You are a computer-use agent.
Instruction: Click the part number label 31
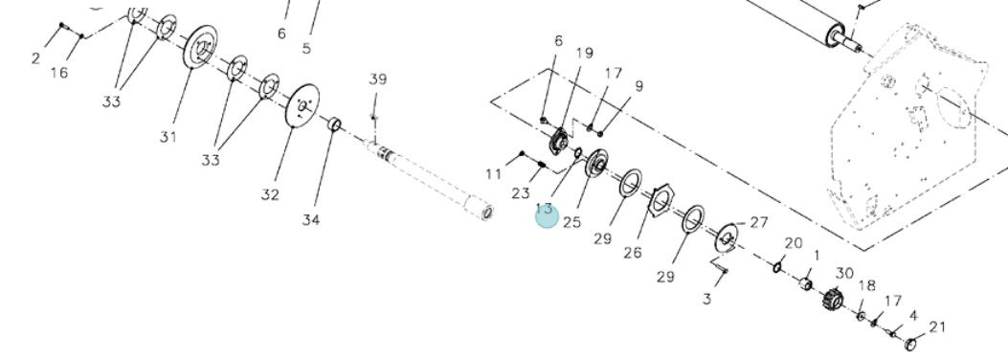[x=168, y=137]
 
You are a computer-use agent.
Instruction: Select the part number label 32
[x=270, y=194]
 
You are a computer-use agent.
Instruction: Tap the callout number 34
[x=311, y=220]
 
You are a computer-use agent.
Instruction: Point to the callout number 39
[x=378, y=79]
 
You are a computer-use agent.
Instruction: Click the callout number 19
[x=584, y=53]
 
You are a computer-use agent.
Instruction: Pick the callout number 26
[x=633, y=253]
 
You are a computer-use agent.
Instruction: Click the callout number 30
[x=844, y=273]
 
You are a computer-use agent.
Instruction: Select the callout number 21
[x=938, y=327]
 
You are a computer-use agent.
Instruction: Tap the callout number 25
[x=572, y=222]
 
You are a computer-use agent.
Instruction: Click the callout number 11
[x=494, y=173]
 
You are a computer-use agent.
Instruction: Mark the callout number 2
[x=35, y=58]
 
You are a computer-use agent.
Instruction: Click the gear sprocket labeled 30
[x=833, y=300]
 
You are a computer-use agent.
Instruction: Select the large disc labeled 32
[x=302, y=106]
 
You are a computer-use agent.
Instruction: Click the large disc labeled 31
[x=201, y=46]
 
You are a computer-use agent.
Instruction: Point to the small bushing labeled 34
[x=334, y=124]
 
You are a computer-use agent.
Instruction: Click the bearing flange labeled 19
[x=559, y=141]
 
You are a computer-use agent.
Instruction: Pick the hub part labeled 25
[x=596, y=164]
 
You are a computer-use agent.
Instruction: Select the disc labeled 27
[x=727, y=237]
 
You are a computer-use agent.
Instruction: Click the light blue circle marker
[x=547, y=216]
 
